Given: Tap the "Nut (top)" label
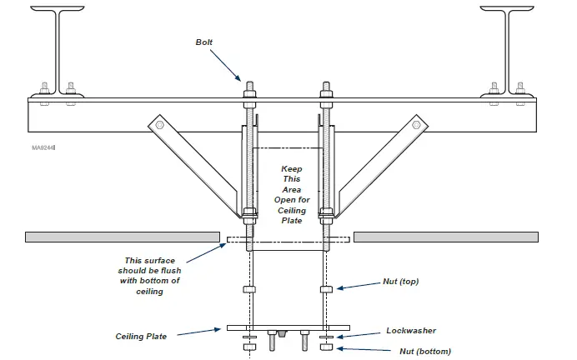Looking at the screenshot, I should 398,282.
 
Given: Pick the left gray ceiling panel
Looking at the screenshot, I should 122,237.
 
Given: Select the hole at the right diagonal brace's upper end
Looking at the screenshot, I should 417,125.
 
